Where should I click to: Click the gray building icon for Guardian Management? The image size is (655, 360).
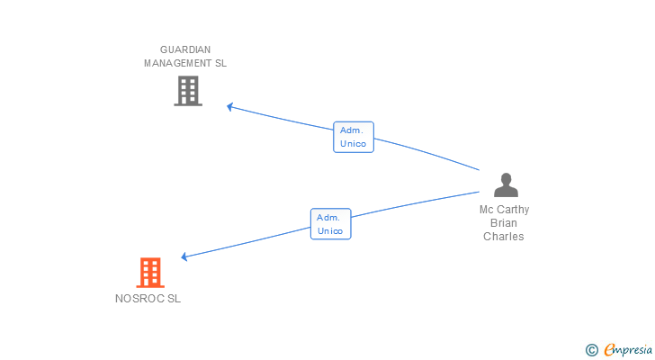tap(188, 91)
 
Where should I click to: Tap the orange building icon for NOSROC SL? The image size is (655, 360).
tap(150, 273)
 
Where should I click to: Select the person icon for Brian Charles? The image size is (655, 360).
tap(506, 184)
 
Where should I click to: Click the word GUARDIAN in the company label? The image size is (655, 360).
tap(185, 49)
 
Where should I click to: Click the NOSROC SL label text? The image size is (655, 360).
tap(148, 299)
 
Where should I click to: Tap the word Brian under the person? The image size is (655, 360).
tap(504, 223)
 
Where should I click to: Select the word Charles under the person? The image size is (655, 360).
tap(503, 237)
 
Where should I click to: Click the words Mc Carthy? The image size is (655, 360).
tap(504, 210)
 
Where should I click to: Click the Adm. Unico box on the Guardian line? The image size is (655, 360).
tap(354, 137)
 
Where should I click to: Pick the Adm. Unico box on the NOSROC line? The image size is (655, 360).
tap(331, 224)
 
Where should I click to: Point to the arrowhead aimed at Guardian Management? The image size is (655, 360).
tap(229, 107)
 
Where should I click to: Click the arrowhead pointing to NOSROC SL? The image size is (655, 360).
tap(184, 256)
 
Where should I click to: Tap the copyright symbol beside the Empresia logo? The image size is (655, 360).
tap(591, 350)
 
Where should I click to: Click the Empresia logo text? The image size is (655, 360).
tap(628, 349)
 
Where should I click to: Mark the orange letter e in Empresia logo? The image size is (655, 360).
tap(609, 349)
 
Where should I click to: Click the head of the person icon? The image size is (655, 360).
tap(506, 178)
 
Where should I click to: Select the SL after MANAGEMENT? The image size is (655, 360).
tap(220, 63)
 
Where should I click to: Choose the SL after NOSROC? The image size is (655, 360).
tap(175, 299)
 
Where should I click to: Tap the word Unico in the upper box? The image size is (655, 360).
tap(353, 144)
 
